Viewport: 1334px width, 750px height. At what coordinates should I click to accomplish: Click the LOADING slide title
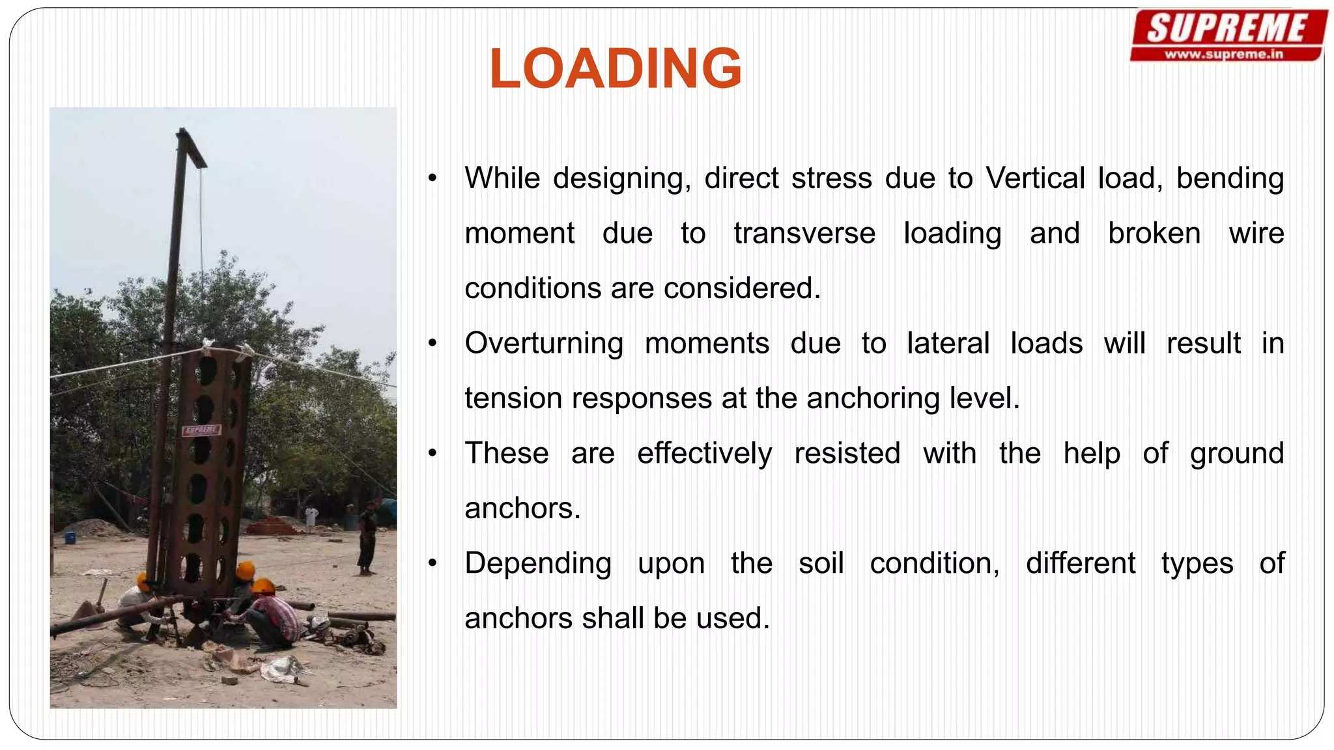pos(615,68)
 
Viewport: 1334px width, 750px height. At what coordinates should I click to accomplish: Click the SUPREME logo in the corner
pos(1228,29)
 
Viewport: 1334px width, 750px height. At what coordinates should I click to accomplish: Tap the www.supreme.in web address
pos(1223,55)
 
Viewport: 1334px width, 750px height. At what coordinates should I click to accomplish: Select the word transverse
pos(804,233)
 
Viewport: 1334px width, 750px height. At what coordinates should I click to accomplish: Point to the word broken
pos(1154,233)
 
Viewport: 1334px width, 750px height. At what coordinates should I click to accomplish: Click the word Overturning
pos(543,343)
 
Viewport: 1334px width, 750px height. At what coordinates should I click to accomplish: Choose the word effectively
pos(704,453)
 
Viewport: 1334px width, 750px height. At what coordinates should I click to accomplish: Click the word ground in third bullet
pos(1236,453)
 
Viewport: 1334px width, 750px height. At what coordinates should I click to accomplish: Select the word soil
pos(821,563)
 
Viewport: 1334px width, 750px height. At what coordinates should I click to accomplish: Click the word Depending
pos(537,563)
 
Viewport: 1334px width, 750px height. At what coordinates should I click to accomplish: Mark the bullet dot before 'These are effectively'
pos(433,454)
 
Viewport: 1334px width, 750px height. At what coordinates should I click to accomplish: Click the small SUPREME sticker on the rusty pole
pos(201,430)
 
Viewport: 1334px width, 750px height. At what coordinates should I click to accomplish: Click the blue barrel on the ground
pos(70,538)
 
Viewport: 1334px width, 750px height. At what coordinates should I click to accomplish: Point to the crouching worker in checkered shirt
pos(274,615)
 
